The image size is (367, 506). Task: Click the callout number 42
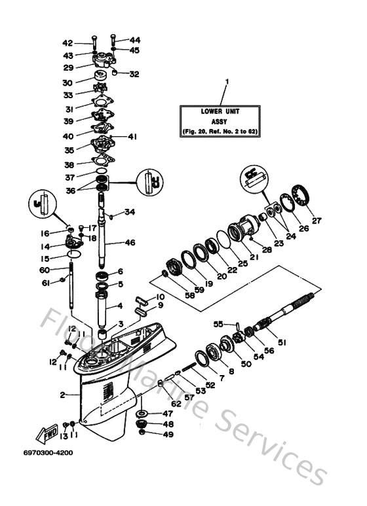(86, 42)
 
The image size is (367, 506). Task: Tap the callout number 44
(134, 40)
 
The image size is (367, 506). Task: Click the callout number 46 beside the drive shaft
(130, 242)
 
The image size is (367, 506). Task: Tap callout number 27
(317, 221)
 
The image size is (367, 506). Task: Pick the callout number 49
(168, 434)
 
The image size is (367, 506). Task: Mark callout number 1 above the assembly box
(227, 82)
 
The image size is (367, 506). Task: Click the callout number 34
(130, 211)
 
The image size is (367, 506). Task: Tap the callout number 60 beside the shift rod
(44, 269)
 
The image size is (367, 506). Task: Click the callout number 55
(220, 323)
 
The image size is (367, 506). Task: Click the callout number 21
(254, 257)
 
